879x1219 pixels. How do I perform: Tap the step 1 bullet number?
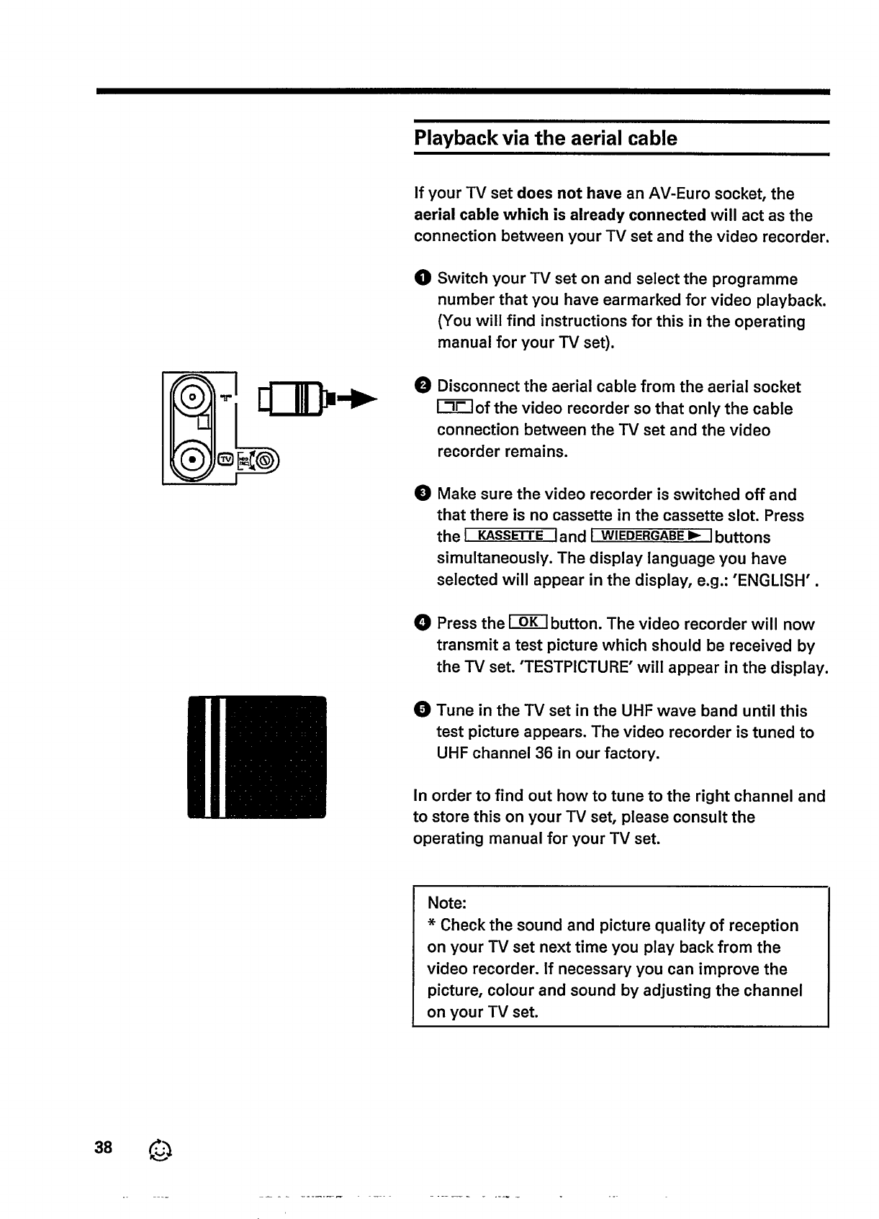pos(422,278)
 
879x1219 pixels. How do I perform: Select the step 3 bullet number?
pos(423,494)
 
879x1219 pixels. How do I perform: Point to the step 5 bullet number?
pos(423,710)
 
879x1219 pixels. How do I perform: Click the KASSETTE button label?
pos(510,536)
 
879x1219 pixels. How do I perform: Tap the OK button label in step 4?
pos(528,622)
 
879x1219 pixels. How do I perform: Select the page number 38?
pos(104,1147)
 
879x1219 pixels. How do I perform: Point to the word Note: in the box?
pos(447,903)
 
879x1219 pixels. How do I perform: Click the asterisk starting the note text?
pos(432,924)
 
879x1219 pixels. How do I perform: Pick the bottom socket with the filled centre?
pos(192,458)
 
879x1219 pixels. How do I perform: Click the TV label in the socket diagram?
pos(225,459)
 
